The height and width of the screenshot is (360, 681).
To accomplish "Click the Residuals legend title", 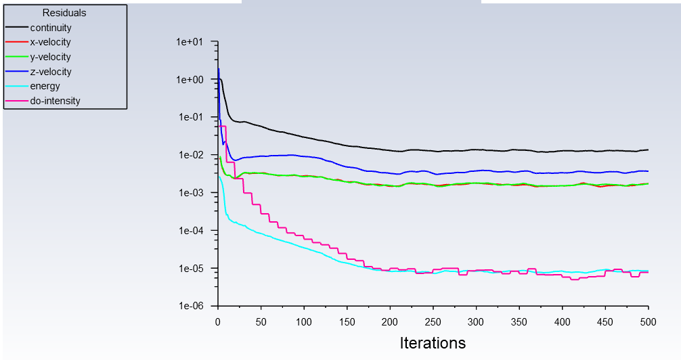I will [x=64, y=13].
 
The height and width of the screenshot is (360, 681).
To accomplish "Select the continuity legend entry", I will [x=51, y=28].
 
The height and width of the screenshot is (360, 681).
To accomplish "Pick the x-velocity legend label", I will [x=51, y=43].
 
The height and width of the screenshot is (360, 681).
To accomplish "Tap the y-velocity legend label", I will [x=51, y=57].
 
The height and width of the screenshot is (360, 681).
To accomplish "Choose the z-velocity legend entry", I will [x=51, y=72].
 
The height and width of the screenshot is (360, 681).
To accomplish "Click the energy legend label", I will [x=45, y=86].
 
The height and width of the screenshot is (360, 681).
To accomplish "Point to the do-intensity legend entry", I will [x=55, y=101].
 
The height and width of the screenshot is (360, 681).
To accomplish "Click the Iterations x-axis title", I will [x=433, y=343].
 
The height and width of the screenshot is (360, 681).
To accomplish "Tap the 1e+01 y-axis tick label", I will [x=195, y=42].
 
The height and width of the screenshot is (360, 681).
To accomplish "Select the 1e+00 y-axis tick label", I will [x=195, y=80].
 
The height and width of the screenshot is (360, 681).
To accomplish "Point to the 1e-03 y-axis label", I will [x=195, y=193].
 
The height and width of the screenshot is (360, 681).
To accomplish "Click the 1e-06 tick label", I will [x=195, y=306].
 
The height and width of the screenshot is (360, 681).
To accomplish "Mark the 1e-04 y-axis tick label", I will [x=195, y=231].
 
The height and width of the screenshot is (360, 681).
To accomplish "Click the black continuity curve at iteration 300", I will [x=476, y=150].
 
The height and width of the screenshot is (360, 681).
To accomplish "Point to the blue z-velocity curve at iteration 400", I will [x=563, y=173].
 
